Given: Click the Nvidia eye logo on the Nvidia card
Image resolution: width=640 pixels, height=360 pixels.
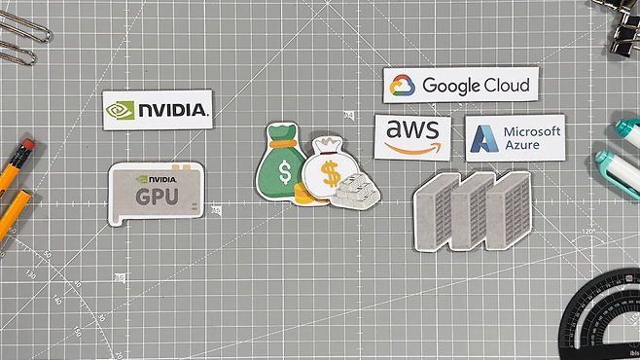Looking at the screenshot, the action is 120,110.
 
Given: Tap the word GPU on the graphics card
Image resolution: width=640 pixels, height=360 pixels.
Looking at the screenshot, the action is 157,197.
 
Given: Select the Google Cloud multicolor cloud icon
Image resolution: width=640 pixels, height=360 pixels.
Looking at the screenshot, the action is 402,86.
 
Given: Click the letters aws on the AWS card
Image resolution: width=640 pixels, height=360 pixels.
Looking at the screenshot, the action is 412,129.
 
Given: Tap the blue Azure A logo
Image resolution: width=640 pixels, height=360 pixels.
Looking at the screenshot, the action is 484,139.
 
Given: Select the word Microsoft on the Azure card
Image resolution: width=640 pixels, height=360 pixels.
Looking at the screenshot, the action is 532,131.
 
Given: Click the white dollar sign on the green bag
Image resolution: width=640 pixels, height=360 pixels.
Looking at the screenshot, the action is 285,172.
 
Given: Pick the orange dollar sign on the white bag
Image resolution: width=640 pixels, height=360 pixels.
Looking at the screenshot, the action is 331,173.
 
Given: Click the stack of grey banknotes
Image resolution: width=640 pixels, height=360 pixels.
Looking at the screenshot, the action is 355,191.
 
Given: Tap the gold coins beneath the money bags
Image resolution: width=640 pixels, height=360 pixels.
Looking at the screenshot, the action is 305,194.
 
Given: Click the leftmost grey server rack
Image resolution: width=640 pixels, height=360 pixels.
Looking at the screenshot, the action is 434,211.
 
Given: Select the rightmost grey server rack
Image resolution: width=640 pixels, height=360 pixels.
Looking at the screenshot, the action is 509,209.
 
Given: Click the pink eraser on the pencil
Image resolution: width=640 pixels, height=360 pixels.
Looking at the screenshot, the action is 27,146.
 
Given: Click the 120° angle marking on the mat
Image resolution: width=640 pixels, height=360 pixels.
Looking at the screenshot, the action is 588,232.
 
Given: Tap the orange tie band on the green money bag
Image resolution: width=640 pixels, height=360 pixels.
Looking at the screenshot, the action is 282,143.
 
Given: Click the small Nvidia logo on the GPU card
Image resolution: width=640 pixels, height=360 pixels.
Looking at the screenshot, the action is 156,179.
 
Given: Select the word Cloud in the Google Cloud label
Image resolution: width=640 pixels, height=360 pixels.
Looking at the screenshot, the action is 506,85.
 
